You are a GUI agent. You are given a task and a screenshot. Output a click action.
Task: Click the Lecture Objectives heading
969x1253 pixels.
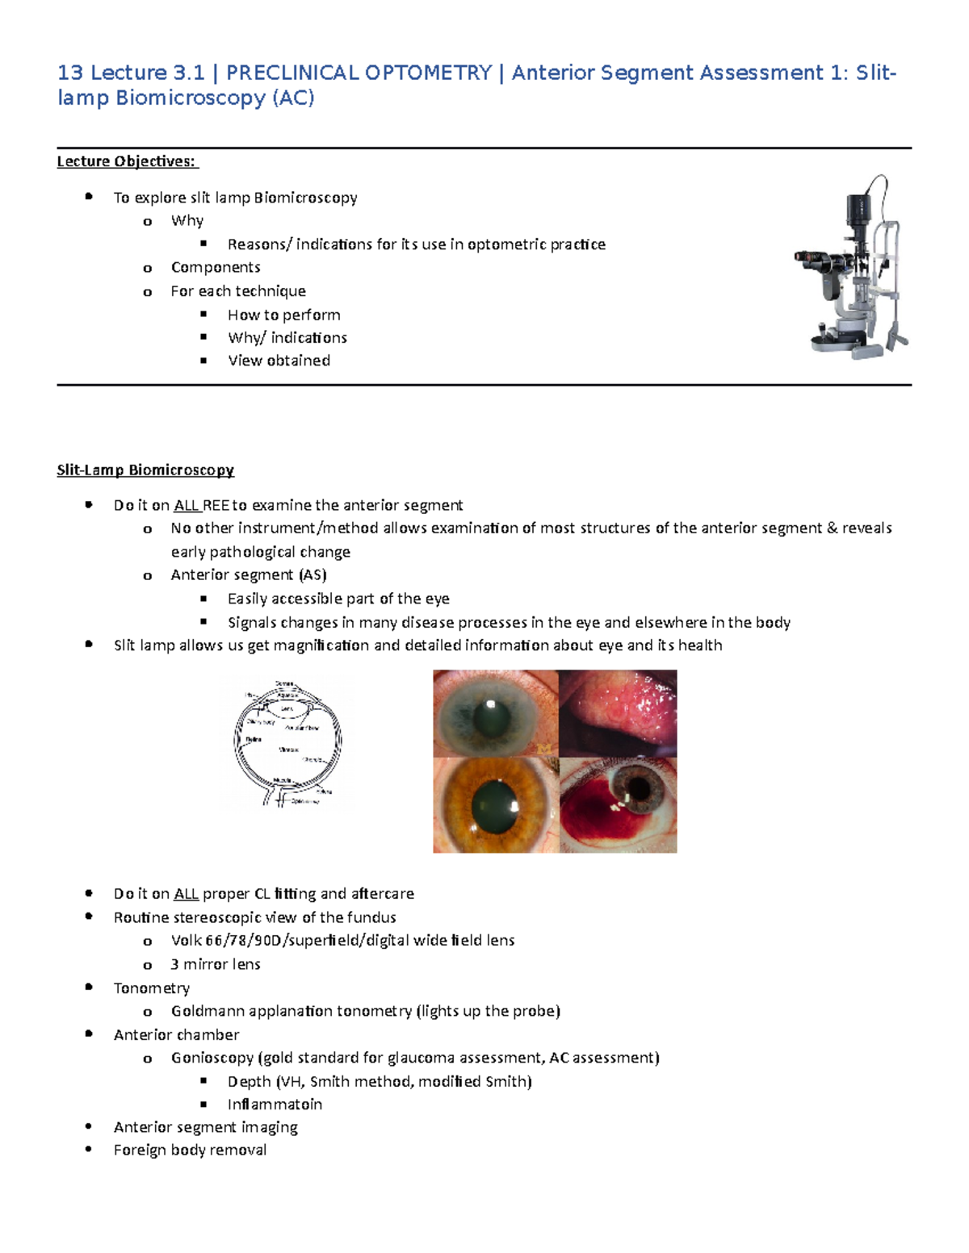[127, 161]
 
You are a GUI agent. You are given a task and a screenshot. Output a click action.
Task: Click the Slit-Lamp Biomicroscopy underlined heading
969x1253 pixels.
[145, 470]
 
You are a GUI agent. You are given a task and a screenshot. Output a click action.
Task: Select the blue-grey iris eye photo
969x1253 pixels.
[495, 713]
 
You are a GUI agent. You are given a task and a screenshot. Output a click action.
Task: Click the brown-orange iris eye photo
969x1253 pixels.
[495, 805]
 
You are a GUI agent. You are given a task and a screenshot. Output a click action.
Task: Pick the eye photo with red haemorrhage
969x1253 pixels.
[618, 805]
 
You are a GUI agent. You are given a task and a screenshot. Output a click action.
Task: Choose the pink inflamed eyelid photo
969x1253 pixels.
[618, 713]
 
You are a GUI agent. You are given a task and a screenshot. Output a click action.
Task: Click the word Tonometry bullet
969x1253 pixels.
[152, 988]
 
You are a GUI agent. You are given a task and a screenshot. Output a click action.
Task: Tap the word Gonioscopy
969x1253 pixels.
[212, 1058]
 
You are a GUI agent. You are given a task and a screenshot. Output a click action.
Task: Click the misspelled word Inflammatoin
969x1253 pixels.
[275, 1104]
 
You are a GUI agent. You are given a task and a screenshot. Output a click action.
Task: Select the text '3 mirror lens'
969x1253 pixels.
[216, 964]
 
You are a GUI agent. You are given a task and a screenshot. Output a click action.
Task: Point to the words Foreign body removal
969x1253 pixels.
[190, 1150]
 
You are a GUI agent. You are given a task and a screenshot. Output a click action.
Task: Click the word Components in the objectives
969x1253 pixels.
[216, 267]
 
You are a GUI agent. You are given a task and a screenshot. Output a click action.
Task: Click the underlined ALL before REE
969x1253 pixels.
[187, 505]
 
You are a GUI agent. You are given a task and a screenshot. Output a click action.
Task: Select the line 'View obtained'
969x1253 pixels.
[279, 361]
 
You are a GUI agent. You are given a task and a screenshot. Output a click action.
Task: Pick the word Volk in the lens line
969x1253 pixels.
[186, 940]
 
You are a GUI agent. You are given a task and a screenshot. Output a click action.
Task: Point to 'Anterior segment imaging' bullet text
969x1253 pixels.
[205, 1127]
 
